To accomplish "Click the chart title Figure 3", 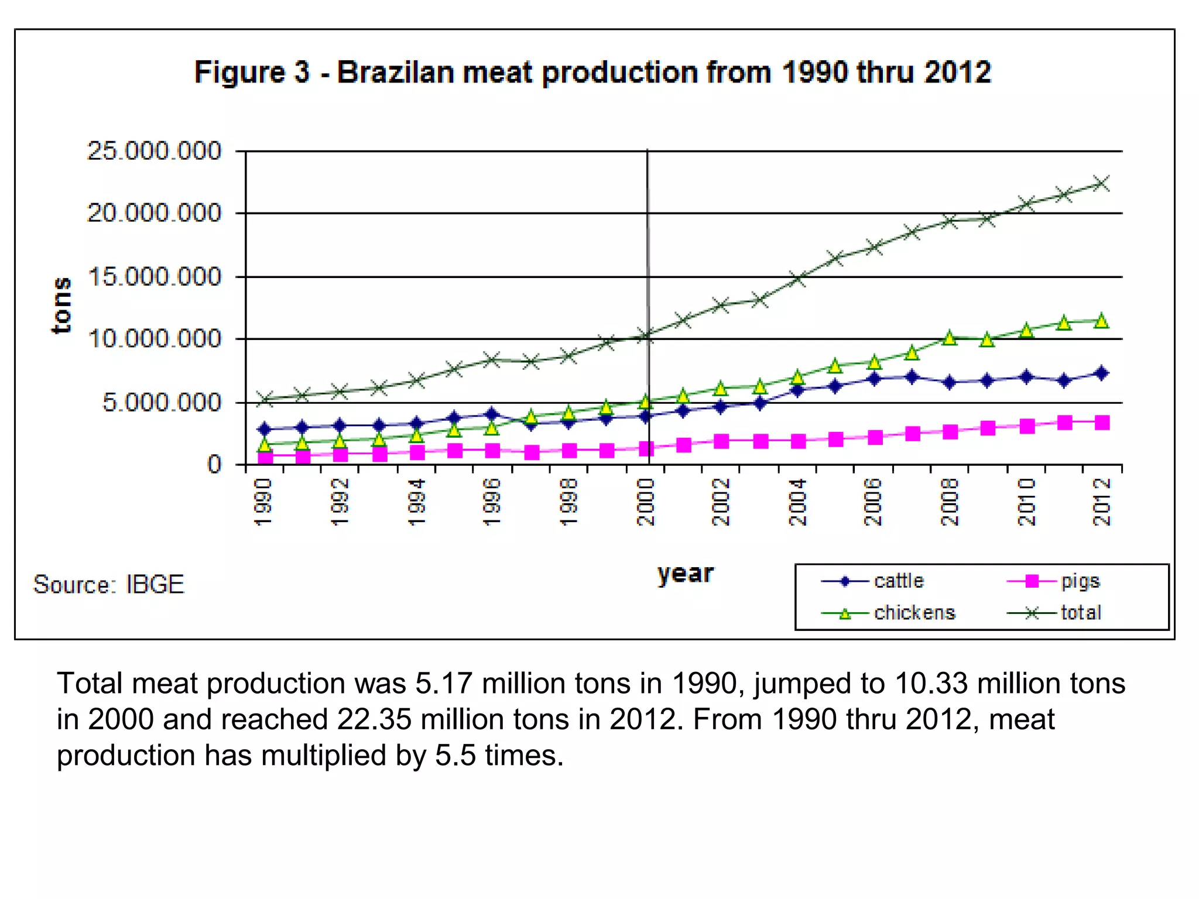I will [x=592, y=73].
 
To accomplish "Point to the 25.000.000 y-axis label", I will [x=155, y=151].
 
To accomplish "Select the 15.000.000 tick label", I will [x=155, y=276].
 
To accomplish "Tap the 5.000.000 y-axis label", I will [x=162, y=403].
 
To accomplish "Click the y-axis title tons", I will [x=61, y=305].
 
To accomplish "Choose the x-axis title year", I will [x=685, y=574].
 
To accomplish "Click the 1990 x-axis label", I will [x=264, y=502].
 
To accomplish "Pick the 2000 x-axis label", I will [x=645, y=502].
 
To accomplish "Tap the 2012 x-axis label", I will [x=1102, y=502].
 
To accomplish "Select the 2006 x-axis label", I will [x=873, y=502].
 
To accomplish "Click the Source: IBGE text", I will [x=109, y=585].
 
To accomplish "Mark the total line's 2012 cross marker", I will [x=1102, y=183].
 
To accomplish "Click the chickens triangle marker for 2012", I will [x=1102, y=321].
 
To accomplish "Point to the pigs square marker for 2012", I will [x=1102, y=423].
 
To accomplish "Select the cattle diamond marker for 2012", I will [x=1102, y=373].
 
